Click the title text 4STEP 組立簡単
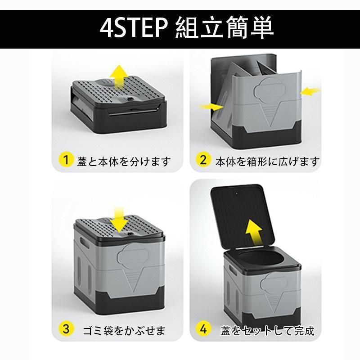coord(186,27)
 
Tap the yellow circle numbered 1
coord(66,160)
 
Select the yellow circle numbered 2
coord(203,160)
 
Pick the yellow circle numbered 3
coord(66,328)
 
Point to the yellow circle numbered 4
coord(203,328)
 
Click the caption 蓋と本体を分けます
coord(124,162)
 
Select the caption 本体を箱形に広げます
coord(267,162)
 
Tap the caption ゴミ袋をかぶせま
coord(124,331)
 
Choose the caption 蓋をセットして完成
coord(267,331)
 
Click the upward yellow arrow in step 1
coord(119,77)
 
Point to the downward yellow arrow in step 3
coord(119,219)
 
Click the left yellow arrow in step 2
coord(211,107)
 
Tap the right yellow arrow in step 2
coord(310,91)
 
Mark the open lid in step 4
coord(242,216)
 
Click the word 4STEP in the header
coord(134,27)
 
